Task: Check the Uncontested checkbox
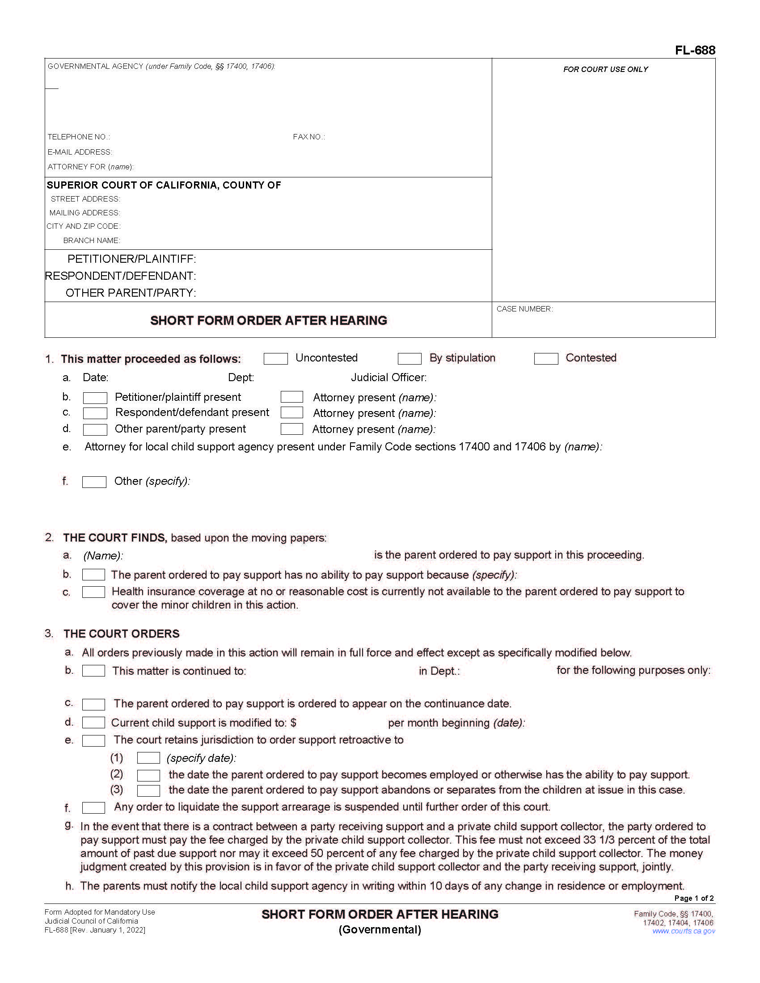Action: pyautogui.click(x=275, y=359)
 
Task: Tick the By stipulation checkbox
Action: pyautogui.click(x=409, y=359)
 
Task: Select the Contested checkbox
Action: pyautogui.click(x=546, y=359)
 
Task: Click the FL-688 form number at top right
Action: pyautogui.click(x=695, y=50)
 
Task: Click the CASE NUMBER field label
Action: pyautogui.click(x=524, y=309)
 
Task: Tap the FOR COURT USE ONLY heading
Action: pyautogui.click(x=606, y=69)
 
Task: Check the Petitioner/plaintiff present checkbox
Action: pyautogui.click(x=95, y=398)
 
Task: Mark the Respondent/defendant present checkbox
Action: pyautogui.click(x=95, y=413)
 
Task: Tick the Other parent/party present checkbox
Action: pyautogui.click(x=95, y=429)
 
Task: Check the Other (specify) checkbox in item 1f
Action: pyautogui.click(x=94, y=482)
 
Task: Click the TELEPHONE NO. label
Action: pyautogui.click(x=79, y=137)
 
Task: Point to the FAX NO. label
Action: pyautogui.click(x=309, y=137)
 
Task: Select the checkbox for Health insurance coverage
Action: pyautogui.click(x=93, y=592)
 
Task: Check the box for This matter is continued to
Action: pyautogui.click(x=93, y=671)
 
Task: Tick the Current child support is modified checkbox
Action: pyautogui.click(x=93, y=723)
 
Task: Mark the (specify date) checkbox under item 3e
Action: pyautogui.click(x=148, y=758)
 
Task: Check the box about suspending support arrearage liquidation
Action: pyautogui.click(x=93, y=808)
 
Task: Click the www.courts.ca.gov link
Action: pyautogui.click(x=684, y=931)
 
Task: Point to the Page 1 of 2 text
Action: pyautogui.click(x=694, y=898)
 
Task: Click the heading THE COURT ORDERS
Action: pyautogui.click(x=122, y=634)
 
